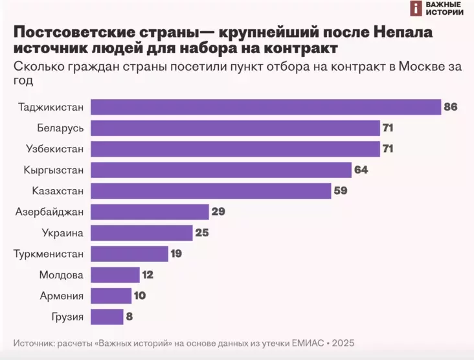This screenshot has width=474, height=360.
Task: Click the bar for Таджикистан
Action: (x=265, y=107)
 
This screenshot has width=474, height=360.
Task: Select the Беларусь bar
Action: (x=235, y=128)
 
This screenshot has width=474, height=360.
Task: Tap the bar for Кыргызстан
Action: (x=220, y=170)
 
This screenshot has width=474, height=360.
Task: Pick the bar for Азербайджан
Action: (x=150, y=212)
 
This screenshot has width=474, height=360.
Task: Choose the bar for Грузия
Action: (x=107, y=317)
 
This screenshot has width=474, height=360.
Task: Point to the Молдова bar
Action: (x=115, y=275)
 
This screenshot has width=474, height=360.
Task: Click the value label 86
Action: (x=451, y=107)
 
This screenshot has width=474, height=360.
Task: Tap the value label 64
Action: (x=361, y=170)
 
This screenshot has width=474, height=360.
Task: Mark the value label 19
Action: (x=176, y=254)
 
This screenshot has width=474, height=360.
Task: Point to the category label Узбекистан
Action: (x=56, y=149)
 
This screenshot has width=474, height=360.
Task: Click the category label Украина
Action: (x=63, y=232)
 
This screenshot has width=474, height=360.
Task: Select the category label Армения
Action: (x=62, y=296)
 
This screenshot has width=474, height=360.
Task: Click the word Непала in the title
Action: (x=394, y=33)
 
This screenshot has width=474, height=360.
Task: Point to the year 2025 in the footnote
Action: (x=343, y=343)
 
